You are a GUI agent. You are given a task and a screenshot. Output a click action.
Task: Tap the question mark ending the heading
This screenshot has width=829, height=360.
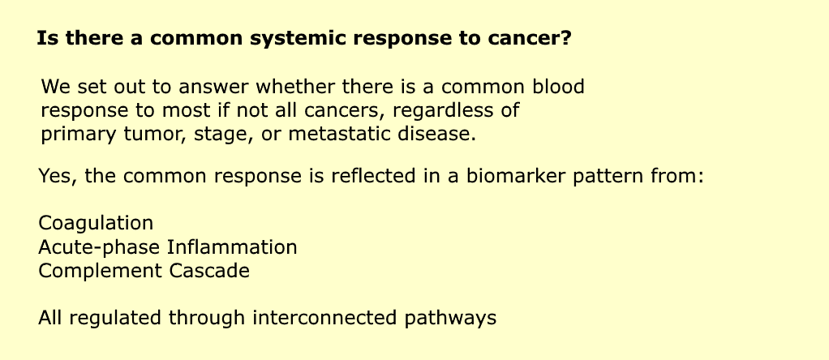point(566,38)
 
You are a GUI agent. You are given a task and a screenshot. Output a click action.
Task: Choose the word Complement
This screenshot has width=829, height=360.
point(101,272)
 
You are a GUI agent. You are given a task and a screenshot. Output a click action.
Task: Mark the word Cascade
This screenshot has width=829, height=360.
point(209,271)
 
